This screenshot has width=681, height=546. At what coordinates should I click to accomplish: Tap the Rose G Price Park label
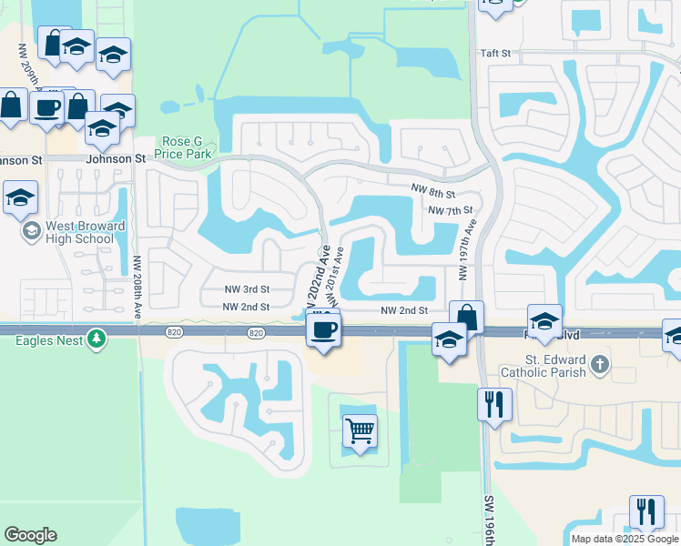coord(188,148)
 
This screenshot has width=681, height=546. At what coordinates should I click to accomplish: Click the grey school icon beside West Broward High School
coord(32,231)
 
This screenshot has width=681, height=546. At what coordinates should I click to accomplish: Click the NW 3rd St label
coord(248,288)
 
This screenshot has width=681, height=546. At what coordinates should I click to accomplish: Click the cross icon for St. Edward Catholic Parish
coord(599,365)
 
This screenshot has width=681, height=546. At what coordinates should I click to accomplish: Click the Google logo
coord(31,535)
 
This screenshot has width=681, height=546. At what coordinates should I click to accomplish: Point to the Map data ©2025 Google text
coord(625,539)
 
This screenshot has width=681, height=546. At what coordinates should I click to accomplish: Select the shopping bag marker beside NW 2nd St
coord(466,318)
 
